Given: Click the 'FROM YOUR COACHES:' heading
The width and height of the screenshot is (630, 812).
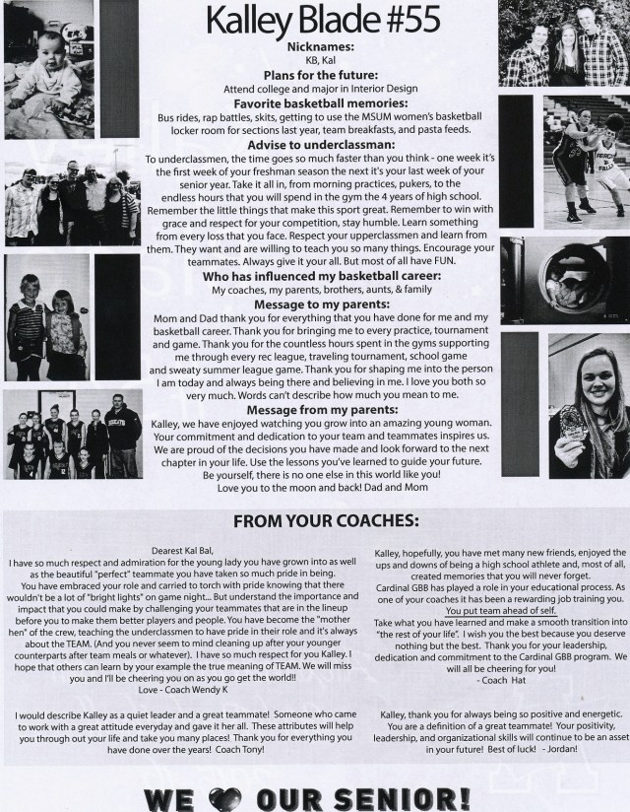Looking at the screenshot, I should (314, 519).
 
